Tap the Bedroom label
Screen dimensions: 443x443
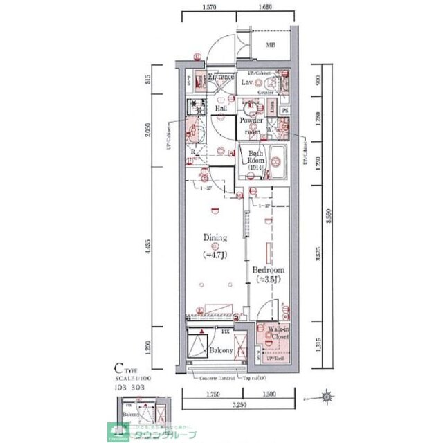point(267,270)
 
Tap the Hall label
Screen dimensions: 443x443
point(221,109)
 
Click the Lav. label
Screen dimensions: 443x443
point(248,83)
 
